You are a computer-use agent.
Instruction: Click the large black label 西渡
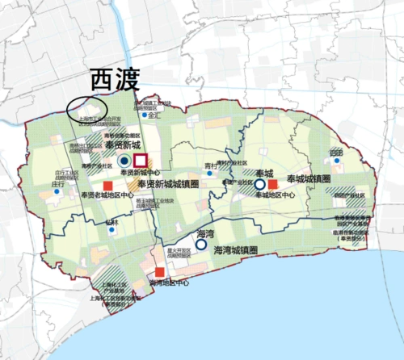tap(114, 79)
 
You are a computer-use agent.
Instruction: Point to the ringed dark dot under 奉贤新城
tap(123, 161)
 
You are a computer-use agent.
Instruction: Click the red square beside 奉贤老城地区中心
tap(83, 194)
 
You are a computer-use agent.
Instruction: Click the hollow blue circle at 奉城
tap(260, 184)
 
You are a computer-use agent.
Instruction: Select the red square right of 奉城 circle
tap(273, 184)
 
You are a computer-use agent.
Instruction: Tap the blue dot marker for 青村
tap(208, 172)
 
